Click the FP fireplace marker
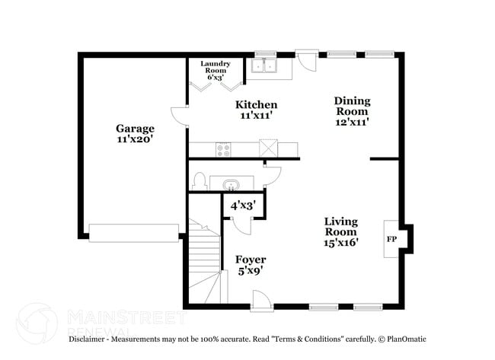(391, 240)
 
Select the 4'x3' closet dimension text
(242, 205)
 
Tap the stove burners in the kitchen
(224, 150)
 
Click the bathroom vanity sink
(232, 184)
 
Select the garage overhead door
(133, 232)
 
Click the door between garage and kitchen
(180, 116)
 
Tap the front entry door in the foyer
(261, 302)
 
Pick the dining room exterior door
(308, 59)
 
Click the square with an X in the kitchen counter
(268, 148)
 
